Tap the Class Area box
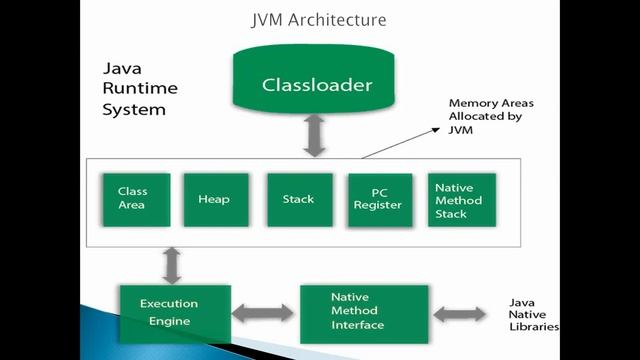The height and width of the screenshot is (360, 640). point(135,199)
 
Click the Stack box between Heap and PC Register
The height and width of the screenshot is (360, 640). point(299,199)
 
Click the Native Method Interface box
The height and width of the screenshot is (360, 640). point(364,312)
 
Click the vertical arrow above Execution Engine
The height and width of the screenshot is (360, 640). point(172,264)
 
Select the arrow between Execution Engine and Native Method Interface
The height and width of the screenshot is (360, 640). point(265,313)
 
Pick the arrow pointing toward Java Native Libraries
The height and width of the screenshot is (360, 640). point(467,313)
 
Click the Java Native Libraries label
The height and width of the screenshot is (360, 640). point(534,313)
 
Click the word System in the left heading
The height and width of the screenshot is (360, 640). point(134,109)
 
